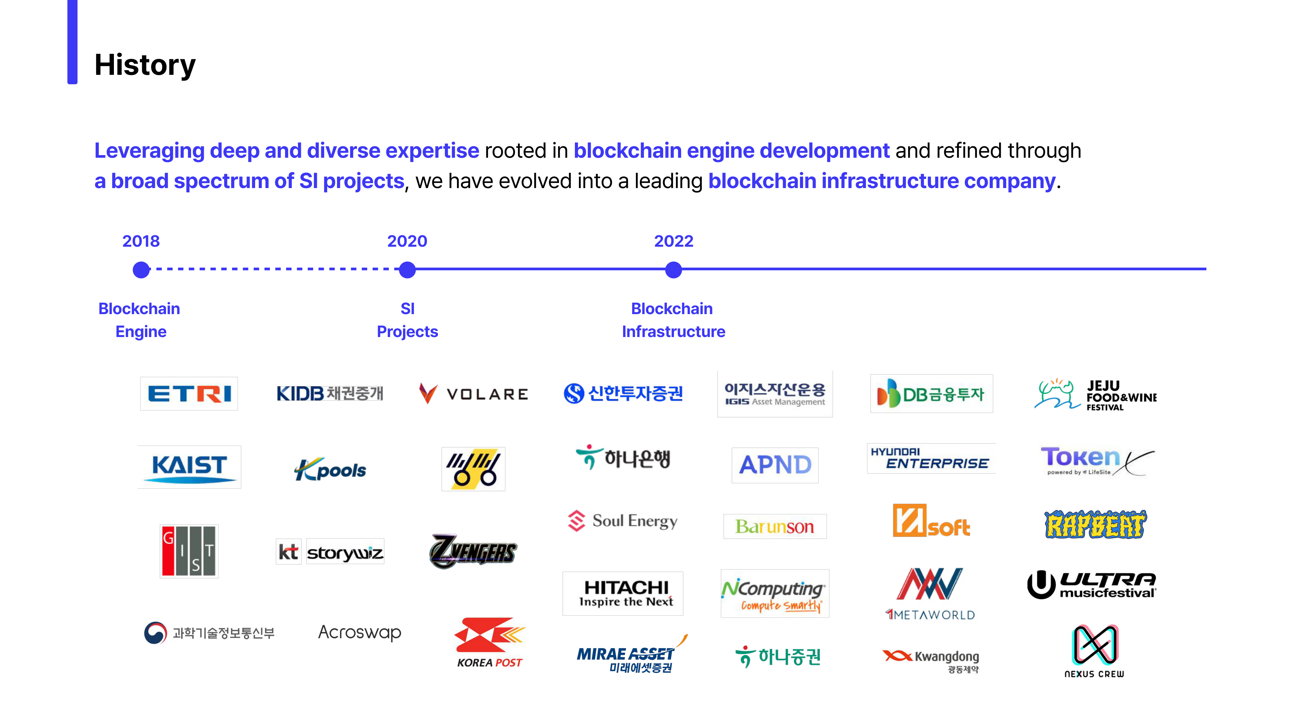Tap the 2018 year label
pyautogui.click(x=141, y=241)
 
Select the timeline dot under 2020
pyautogui.click(x=407, y=270)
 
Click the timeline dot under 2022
pyautogui.click(x=673, y=270)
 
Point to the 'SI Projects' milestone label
pyautogui.click(x=407, y=320)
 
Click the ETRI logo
pyautogui.click(x=189, y=393)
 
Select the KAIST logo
pyautogui.click(x=189, y=467)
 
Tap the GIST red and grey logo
pyautogui.click(x=189, y=551)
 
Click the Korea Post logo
pyautogui.click(x=489, y=643)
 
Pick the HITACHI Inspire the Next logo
pyautogui.click(x=623, y=593)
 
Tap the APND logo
pyautogui.click(x=775, y=465)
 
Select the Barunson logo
pyautogui.click(x=775, y=526)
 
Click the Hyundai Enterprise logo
pyautogui.click(x=931, y=458)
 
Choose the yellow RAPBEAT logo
pyautogui.click(x=1095, y=524)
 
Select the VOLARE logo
pyautogui.click(x=474, y=394)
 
